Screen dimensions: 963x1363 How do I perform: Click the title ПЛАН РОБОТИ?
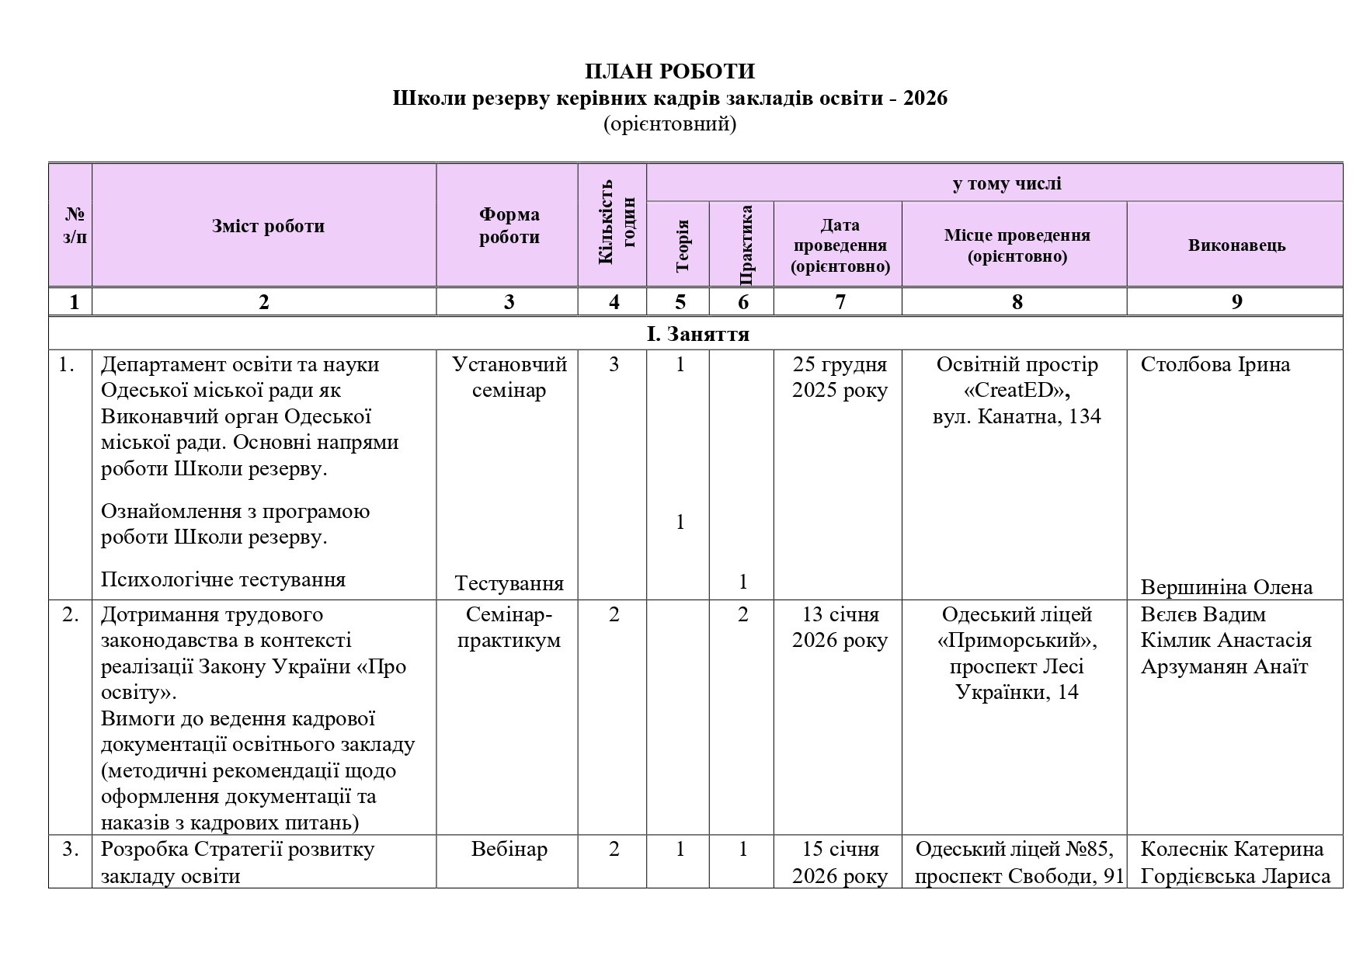point(669,71)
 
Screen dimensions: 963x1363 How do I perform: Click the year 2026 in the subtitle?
point(925,99)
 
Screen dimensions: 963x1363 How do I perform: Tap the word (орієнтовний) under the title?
point(669,124)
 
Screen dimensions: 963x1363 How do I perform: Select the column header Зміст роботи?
point(268,227)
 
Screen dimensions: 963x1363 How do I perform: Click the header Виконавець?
point(1236,245)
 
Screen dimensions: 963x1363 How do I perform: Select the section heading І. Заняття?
point(697,334)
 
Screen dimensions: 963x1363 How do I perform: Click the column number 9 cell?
point(1236,301)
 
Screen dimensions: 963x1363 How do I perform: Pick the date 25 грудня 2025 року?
point(840,377)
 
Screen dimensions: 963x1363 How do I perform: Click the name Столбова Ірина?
point(1215,365)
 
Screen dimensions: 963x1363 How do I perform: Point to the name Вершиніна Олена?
point(1226,587)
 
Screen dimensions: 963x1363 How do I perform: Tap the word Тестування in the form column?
point(509,583)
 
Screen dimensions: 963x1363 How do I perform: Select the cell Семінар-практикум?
point(509,628)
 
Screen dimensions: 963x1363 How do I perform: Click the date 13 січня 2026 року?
point(840,628)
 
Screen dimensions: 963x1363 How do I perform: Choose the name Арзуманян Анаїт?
point(1224,666)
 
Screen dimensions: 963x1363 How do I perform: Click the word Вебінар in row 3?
point(509,850)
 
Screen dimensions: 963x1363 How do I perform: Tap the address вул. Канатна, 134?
point(1017,417)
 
